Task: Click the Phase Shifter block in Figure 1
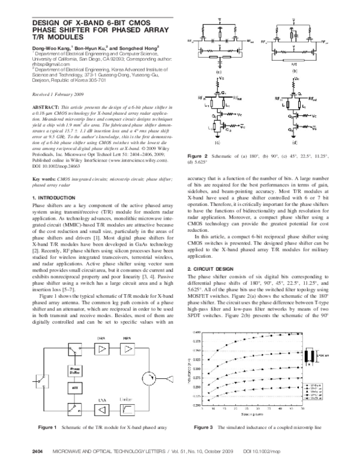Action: coord(76,369)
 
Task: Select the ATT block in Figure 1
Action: coord(76,389)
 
